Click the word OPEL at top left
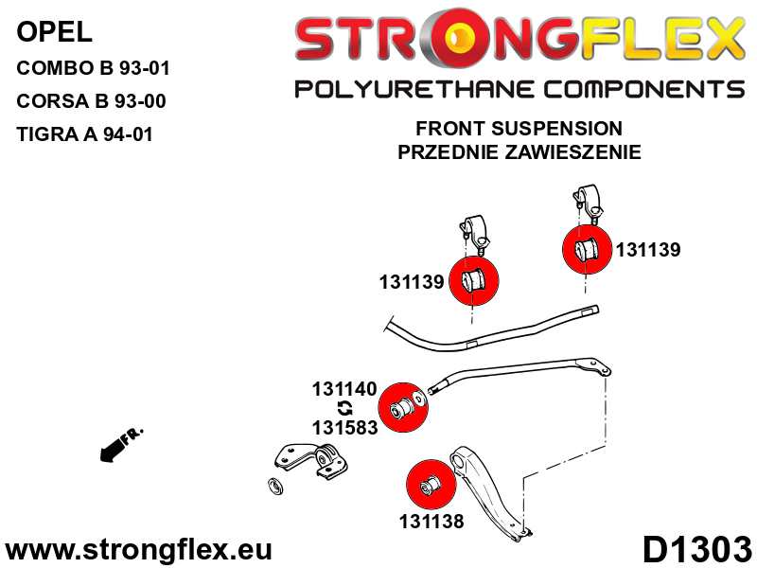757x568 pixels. click(55, 33)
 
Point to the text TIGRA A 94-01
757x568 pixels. click(84, 135)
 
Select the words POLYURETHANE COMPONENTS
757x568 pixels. click(519, 90)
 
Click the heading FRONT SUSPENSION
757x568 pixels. click(519, 129)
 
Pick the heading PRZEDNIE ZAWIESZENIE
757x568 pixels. click(519, 151)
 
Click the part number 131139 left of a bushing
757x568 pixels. click(412, 282)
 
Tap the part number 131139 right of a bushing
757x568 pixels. click(648, 251)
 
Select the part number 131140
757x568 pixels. click(344, 389)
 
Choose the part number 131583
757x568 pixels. click(344, 427)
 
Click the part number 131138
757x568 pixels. click(431, 520)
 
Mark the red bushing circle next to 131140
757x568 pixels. click(411, 406)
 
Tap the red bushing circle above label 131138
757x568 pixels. click(431, 484)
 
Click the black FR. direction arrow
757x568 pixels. click(118, 444)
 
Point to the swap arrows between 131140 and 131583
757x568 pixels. click(345, 408)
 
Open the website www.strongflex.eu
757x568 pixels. click(139, 550)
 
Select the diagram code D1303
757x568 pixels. click(696, 549)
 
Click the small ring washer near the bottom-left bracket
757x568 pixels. click(277, 487)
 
